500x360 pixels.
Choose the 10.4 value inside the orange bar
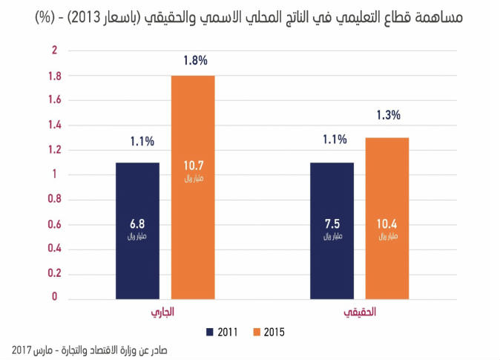coord(387,225)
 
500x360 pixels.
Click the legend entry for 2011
coord(223,331)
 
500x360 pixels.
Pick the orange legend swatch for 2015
coord(258,331)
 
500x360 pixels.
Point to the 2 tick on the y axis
coord(53,50)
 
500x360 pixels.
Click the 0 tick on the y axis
coord(53,298)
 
